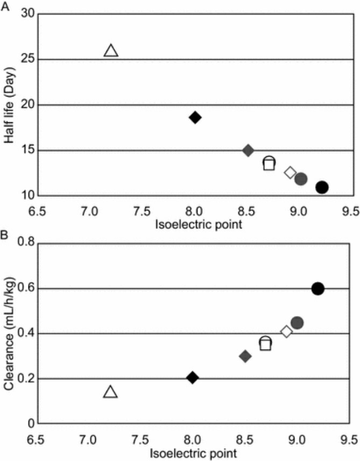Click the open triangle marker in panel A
[111, 51]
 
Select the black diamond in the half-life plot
[195, 117]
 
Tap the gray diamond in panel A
[248, 150]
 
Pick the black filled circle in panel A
[322, 187]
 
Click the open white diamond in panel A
[290, 172]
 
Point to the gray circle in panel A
[301, 179]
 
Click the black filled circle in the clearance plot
[317, 289]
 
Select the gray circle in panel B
[297, 323]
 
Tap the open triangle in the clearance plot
[110, 392]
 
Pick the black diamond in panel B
[192, 378]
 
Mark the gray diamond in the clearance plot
[245, 356]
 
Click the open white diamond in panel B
[287, 331]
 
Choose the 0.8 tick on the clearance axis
[25, 243]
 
